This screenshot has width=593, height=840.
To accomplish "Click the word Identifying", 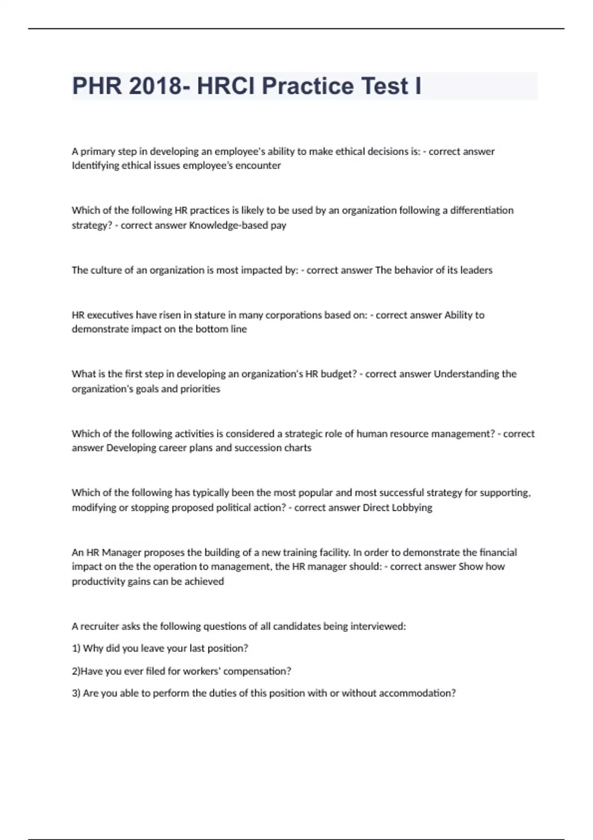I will click(95, 166).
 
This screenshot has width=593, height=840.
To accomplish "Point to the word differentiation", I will click(482, 210).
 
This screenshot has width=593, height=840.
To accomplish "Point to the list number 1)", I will click(77, 648).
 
